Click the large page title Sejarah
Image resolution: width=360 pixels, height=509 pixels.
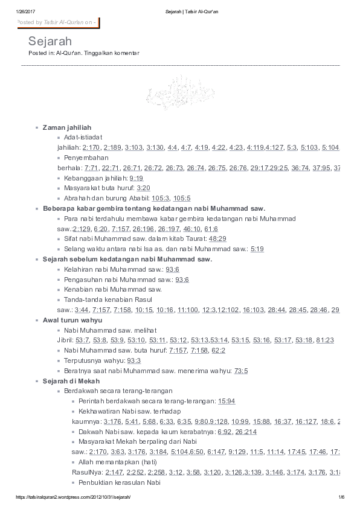50,41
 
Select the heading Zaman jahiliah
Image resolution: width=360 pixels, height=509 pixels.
67,128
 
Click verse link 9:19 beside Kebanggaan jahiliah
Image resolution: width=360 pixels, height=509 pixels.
136,179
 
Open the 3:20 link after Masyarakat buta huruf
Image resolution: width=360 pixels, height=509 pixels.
143,188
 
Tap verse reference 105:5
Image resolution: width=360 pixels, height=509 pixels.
182,198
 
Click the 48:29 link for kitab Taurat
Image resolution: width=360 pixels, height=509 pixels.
217,238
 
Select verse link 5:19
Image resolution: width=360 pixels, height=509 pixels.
257,248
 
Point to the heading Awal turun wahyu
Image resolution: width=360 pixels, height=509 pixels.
72,319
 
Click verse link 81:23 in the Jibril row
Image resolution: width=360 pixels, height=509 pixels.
325,340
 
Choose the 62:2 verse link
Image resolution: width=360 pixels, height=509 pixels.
218,350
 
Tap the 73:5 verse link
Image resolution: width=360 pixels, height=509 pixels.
241,370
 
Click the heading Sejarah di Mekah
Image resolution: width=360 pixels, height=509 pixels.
71,381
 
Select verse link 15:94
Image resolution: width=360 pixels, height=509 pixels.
227,401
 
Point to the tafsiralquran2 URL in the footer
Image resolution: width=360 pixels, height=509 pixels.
72,497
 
